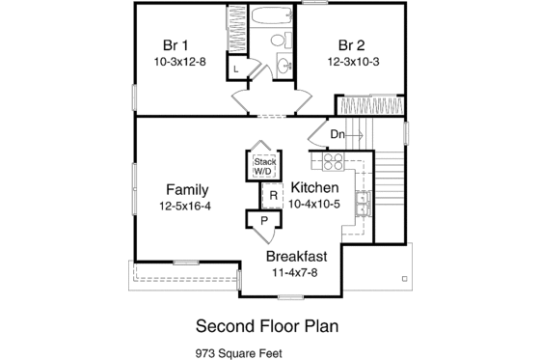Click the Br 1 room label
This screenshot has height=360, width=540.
coord(175,44)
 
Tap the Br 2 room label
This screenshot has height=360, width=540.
coord(351,44)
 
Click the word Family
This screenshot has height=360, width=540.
coord(186,188)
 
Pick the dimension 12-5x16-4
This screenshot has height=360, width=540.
coord(186,205)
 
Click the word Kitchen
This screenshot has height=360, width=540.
coord(314,188)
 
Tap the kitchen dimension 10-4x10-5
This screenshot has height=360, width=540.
coord(314,205)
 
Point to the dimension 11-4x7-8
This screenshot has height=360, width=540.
coord(297,272)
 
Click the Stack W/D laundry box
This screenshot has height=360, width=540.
coord(264,165)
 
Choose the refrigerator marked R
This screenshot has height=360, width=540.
coord(273,196)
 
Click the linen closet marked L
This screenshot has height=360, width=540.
coord(236,69)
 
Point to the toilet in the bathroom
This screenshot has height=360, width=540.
coord(280,41)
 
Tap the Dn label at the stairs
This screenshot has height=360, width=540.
coord(338,134)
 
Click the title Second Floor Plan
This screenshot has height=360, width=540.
coord(267,324)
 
